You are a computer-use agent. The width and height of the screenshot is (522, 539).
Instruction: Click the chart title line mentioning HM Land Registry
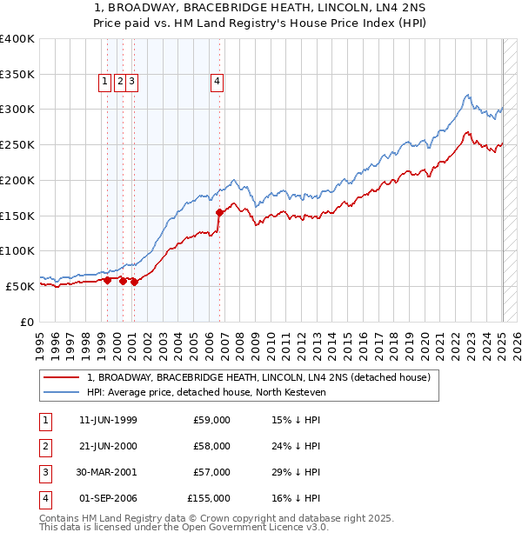point(261,24)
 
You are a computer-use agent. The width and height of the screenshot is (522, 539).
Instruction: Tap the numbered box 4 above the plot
point(217,83)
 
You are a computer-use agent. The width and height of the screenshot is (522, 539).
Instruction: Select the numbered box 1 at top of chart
point(104,83)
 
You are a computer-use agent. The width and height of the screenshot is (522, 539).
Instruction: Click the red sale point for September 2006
point(219,212)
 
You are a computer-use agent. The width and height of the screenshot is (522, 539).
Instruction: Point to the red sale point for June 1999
point(107,280)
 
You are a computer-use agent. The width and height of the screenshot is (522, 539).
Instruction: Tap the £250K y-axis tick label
point(17,144)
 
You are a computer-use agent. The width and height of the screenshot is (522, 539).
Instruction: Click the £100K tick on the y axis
point(17,250)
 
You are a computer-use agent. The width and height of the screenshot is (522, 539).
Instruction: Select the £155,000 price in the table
point(209,498)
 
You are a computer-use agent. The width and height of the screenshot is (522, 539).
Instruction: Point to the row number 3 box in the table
point(43,472)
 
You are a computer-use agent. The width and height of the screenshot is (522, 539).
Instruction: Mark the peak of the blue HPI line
point(467,95)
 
